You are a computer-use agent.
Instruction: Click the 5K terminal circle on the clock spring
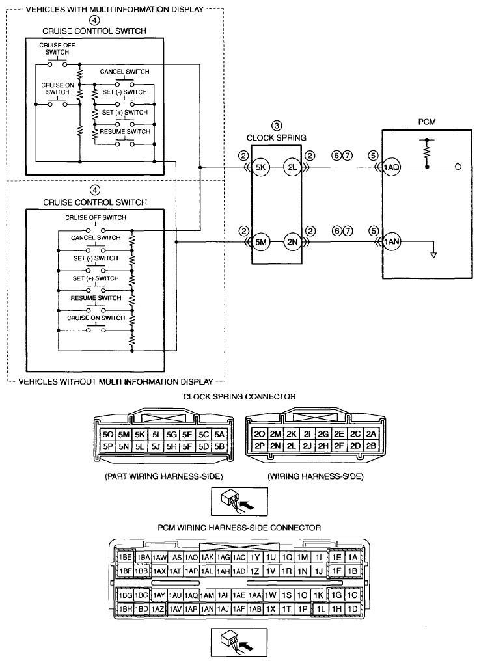pos(260,167)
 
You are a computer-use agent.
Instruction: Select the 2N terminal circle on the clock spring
pos(292,242)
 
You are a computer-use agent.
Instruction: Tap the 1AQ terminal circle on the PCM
pos(392,167)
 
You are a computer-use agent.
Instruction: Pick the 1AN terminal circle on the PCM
pos(392,242)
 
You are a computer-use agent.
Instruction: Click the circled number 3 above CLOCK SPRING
pos(277,126)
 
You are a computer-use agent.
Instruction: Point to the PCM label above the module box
pos(426,122)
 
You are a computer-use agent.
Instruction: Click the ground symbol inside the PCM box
pos(433,255)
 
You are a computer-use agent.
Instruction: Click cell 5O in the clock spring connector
pos(108,434)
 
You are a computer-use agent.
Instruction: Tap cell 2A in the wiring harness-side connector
pos(371,434)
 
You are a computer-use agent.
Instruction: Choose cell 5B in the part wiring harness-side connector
pos(219,446)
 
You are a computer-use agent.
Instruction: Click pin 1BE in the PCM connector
pos(126,558)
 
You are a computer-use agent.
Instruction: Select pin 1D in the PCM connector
pos(353,609)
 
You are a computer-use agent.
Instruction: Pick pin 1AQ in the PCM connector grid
pos(191,595)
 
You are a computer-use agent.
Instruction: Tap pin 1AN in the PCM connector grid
pos(207,609)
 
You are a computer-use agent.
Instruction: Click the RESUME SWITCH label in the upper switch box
pos(125,132)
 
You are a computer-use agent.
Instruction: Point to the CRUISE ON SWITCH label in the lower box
pos(96,318)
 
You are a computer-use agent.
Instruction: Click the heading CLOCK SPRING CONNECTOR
pos(239,397)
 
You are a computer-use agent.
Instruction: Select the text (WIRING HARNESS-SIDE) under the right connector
pos(316,476)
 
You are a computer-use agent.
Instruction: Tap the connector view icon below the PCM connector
pos(239,642)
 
